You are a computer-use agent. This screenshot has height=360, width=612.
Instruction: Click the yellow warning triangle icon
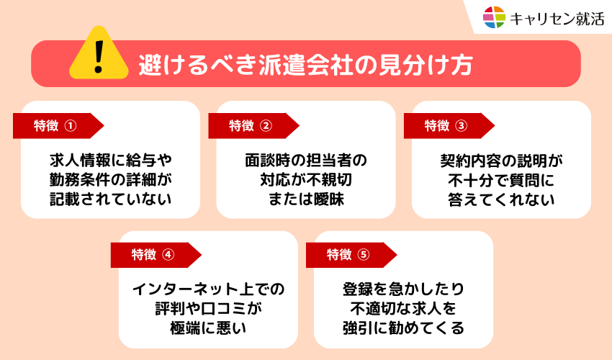click(99, 53)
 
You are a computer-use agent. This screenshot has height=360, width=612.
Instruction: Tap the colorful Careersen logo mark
click(494, 17)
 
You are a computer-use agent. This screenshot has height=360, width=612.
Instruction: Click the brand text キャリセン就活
click(557, 18)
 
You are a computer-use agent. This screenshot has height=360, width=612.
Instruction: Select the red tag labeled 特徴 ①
click(58, 126)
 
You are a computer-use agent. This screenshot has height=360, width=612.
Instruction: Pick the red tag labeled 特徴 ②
click(253, 126)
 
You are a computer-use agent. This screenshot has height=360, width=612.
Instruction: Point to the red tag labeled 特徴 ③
click(449, 126)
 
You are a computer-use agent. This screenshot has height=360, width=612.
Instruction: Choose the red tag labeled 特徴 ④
click(156, 255)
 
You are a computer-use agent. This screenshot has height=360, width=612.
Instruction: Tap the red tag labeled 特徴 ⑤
click(351, 255)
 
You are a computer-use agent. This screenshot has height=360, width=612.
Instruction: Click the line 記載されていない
click(110, 199)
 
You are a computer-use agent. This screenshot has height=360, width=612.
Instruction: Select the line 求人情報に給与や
click(110, 160)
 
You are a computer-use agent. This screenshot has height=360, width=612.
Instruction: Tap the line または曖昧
click(306, 199)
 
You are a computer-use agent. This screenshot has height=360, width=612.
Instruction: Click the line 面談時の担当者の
click(306, 160)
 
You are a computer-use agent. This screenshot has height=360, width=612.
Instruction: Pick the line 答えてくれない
click(501, 199)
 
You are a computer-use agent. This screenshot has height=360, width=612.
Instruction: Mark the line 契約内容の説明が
click(501, 161)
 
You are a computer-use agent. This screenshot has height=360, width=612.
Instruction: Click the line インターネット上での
click(208, 289)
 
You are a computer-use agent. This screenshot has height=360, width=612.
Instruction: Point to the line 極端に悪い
click(208, 328)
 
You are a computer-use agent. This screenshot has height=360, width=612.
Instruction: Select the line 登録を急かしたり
click(404, 289)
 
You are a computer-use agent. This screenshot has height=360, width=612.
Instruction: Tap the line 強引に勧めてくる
click(404, 328)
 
